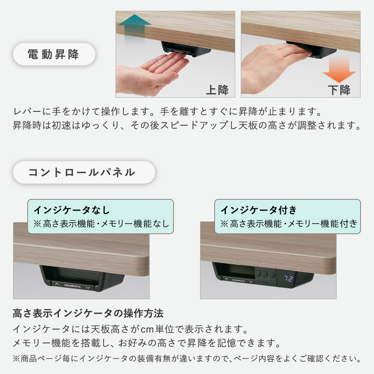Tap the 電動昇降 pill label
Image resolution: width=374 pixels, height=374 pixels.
coord(54,54)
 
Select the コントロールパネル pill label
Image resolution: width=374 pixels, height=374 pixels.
coord(84,172)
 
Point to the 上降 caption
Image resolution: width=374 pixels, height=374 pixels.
coord(217,90)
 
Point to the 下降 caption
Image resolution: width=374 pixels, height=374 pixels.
coord(339,90)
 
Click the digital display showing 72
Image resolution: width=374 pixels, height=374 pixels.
coord(288,278)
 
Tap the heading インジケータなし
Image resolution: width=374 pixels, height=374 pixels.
coord(71,210)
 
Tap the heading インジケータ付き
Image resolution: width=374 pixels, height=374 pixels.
coord(258,210)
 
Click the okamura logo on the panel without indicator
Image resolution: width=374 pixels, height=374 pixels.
coord(73,285)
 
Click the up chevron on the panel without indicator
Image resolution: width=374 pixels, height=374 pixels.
coord(57,284)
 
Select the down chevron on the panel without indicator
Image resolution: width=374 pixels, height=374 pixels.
coord(88,288)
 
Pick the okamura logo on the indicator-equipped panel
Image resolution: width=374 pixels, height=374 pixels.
coord(238,280)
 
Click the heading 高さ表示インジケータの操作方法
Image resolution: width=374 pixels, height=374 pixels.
coord(88,313)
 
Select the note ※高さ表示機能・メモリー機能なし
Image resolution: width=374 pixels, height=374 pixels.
coord(101,224)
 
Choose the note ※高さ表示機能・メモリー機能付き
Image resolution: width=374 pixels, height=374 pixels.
coord(289,224)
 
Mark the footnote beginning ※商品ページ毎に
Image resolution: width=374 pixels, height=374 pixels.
coord(187,359)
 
